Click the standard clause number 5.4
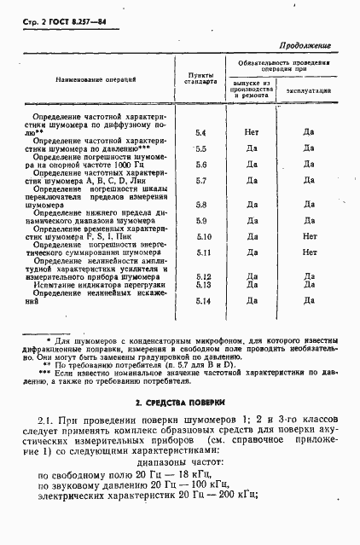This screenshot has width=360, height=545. (x=201, y=132)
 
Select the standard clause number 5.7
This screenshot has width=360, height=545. (x=201, y=180)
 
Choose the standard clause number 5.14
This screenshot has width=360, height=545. (x=202, y=300)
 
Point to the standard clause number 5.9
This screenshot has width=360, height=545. (x=201, y=221)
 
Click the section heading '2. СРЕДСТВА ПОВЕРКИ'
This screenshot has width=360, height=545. (x=180, y=401)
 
